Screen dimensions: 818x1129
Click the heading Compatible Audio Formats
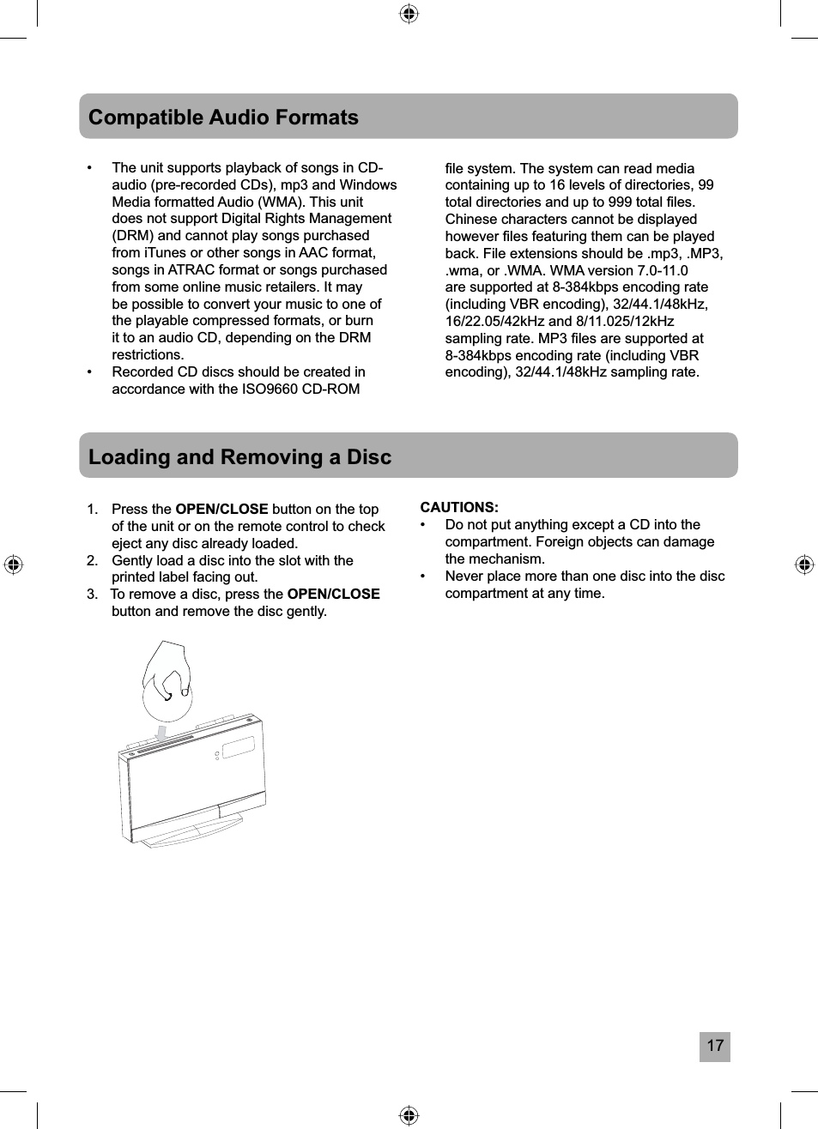tap(223, 118)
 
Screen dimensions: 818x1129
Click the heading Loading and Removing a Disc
tap(239, 456)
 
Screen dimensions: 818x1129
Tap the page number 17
tap(714, 1046)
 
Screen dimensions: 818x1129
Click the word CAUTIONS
tap(458, 508)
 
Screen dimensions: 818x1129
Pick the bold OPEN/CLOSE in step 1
tap(221, 510)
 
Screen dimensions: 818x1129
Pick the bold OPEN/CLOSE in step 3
tap(333, 595)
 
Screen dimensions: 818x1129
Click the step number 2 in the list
tap(92, 561)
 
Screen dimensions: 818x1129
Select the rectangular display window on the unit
tap(239, 748)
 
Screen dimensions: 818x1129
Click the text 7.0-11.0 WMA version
tap(662, 270)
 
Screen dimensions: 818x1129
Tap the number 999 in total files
tap(618, 202)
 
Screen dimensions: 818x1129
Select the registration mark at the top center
tap(409, 13)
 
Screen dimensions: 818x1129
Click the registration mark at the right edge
tap(803, 564)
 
